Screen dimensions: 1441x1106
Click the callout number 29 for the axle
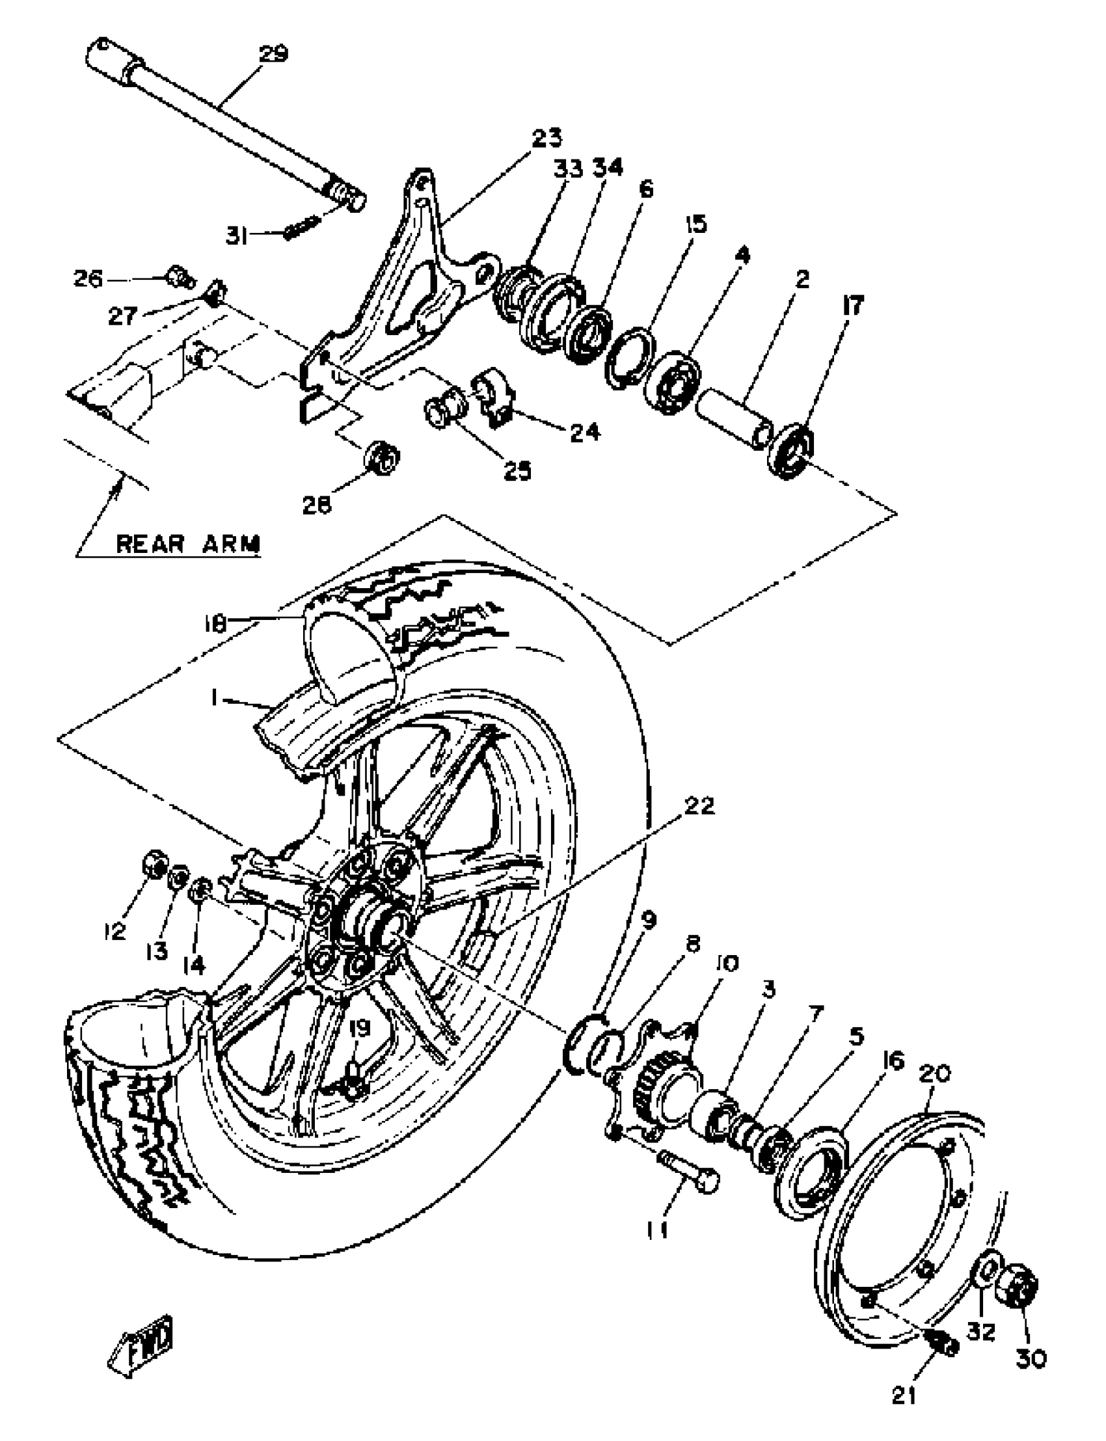(273, 53)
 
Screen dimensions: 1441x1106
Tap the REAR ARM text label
(188, 545)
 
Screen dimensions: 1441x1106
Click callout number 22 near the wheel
(699, 806)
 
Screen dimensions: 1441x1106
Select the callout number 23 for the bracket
(547, 138)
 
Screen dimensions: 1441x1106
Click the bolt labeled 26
(178, 277)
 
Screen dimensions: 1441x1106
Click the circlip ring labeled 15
(630, 357)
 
